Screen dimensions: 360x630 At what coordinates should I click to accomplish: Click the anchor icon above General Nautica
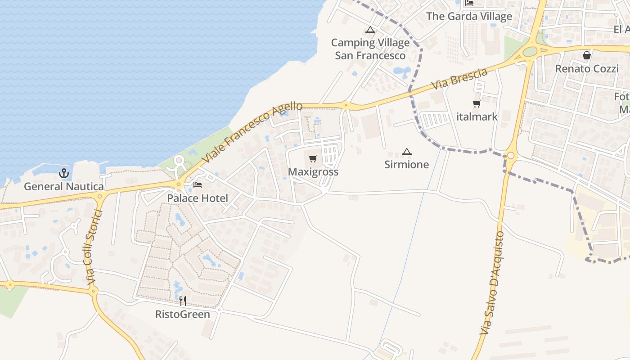64,173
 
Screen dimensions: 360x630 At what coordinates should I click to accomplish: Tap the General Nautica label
64,186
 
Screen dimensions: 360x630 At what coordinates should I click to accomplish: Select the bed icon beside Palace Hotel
198,185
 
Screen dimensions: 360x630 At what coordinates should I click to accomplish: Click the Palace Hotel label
198,198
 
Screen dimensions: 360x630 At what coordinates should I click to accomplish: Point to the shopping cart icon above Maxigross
313,159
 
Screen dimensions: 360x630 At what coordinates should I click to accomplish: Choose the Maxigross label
313,172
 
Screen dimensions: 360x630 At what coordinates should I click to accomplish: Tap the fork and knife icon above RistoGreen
183,301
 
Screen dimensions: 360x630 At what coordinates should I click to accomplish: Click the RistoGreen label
183,314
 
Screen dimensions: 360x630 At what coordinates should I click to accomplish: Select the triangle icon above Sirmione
407,152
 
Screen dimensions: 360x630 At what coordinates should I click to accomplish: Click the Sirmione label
407,165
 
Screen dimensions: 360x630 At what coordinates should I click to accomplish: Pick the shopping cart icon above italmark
477,104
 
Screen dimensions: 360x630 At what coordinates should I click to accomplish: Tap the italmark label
477,117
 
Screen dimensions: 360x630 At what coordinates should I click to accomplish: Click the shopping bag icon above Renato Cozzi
587,56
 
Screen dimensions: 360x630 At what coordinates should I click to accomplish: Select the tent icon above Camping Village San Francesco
370,30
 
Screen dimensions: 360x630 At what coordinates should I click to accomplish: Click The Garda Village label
469,16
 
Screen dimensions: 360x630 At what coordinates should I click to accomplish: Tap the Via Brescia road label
459,78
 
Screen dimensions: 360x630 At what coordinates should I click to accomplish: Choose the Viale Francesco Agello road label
252,133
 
